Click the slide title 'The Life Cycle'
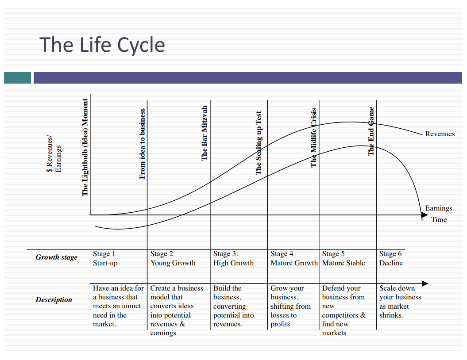click(x=102, y=45)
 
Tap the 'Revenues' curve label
click(x=440, y=134)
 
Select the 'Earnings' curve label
click(x=438, y=208)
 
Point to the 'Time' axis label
click(x=439, y=219)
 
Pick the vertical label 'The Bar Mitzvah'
click(x=204, y=133)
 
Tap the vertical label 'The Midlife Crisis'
click(x=313, y=138)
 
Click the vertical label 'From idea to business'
click(x=142, y=144)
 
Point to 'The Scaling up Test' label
click(x=259, y=143)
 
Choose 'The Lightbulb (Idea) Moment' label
click(x=85, y=147)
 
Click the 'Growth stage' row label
click(x=56, y=257)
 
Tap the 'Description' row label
click(x=54, y=299)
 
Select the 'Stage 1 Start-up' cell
click(x=105, y=258)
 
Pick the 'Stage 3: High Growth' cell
click(x=233, y=258)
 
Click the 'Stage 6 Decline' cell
click(x=391, y=258)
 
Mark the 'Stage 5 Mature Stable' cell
click(x=343, y=258)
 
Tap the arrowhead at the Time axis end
click(x=425, y=215)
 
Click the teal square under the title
click(x=17, y=78)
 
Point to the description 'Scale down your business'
click(x=400, y=301)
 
